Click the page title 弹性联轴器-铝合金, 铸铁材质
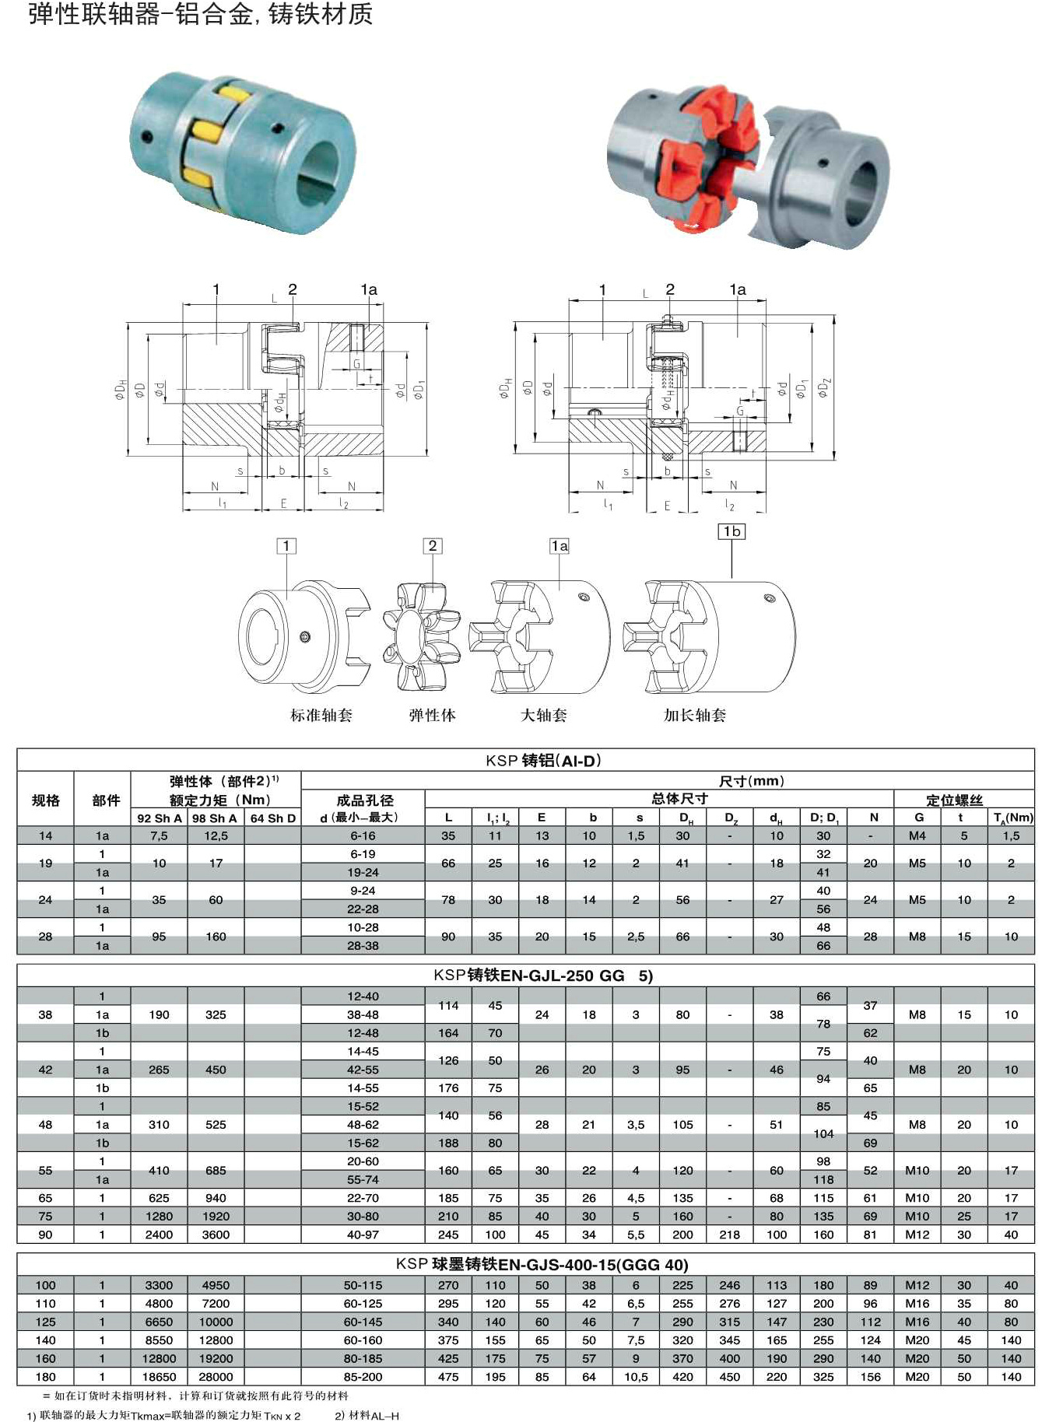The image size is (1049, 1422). click(201, 15)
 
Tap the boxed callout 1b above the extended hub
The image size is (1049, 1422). click(731, 531)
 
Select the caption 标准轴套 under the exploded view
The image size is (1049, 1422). click(321, 715)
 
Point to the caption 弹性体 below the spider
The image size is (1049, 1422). click(432, 715)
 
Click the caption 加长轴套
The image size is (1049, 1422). click(694, 715)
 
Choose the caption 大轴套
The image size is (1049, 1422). click(543, 715)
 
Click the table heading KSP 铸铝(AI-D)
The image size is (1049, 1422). click(542, 761)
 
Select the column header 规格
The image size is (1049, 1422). click(45, 800)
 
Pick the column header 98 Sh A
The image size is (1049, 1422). click(215, 818)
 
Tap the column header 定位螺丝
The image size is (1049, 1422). click(954, 800)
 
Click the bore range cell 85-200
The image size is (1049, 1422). click(363, 1376)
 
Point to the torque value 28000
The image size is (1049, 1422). click(216, 1376)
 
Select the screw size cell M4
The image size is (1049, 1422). click(917, 835)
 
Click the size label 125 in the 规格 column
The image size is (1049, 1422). click(45, 1322)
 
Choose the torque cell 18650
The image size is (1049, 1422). click(159, 1376)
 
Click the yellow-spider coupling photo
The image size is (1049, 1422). click(244, 152)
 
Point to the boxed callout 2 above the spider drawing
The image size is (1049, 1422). click(433, 546)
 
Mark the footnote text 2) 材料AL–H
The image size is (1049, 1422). click(367, 1415)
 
